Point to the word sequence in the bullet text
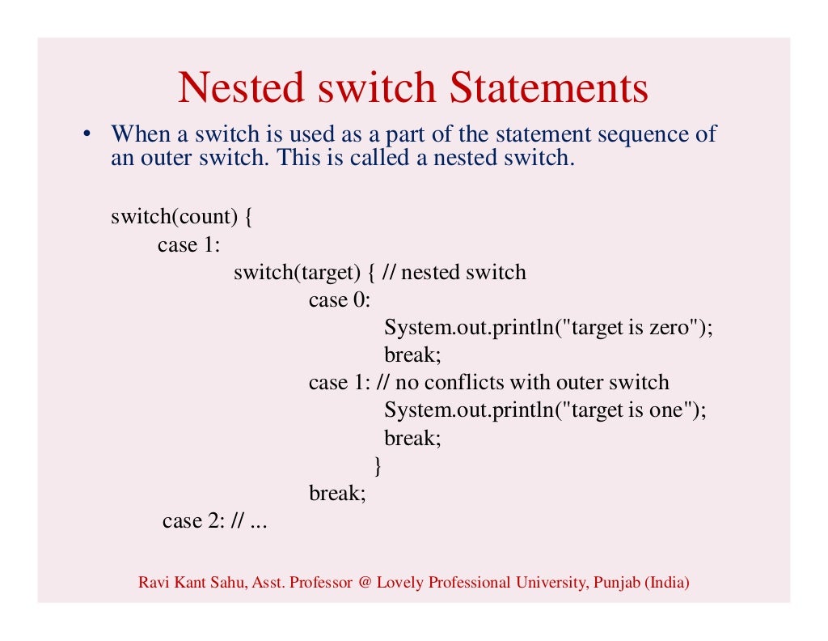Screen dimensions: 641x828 coord(638,134)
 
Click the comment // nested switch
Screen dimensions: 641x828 coord(454,272)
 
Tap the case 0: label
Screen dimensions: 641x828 coord(339,300)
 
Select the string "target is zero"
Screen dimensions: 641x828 coord(632,328)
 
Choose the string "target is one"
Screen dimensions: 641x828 coord(628,410)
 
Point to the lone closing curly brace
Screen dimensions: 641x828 coord(377,465)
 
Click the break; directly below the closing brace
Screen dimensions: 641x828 coord(337,493)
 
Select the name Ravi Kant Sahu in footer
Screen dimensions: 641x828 coord(184,582)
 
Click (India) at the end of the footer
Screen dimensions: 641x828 coord(667,582)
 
